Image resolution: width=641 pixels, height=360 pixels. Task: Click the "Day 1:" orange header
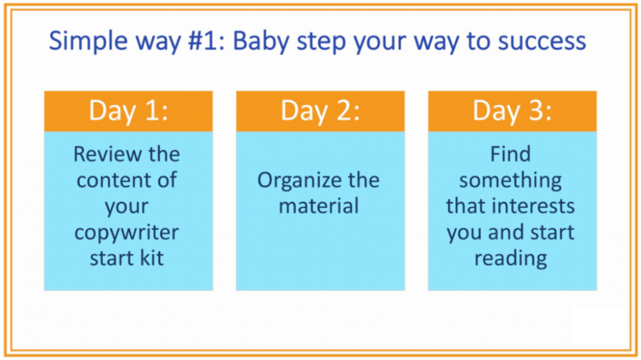click(128, 111)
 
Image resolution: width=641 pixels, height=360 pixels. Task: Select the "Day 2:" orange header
click(320, 111)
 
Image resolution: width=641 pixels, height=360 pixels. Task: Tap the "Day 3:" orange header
click(512, 111)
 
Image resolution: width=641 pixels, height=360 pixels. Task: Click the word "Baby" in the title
click(261, 42)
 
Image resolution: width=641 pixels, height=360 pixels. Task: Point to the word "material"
click(319, 206)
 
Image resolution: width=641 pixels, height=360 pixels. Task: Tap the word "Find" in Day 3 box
click(511, 154)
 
